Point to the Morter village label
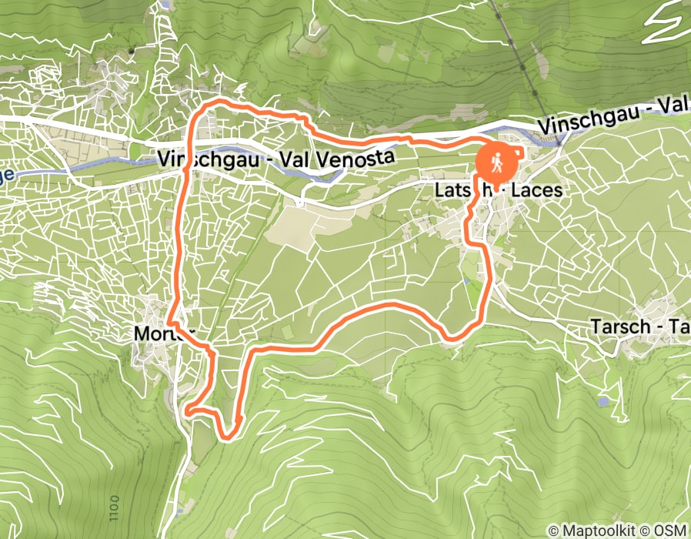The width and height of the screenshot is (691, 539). pyautogui.click(x=161, y=333)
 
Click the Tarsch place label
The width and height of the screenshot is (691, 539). pyautogui.click(x=619, y=327)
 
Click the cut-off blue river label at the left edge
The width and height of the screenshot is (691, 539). pyautogui.click(x=6, y=176)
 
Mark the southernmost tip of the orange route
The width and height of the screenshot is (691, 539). pyautogui.click(x=227, y=438)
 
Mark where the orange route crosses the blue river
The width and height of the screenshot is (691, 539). pyautogui.click(x=183, y=151)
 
